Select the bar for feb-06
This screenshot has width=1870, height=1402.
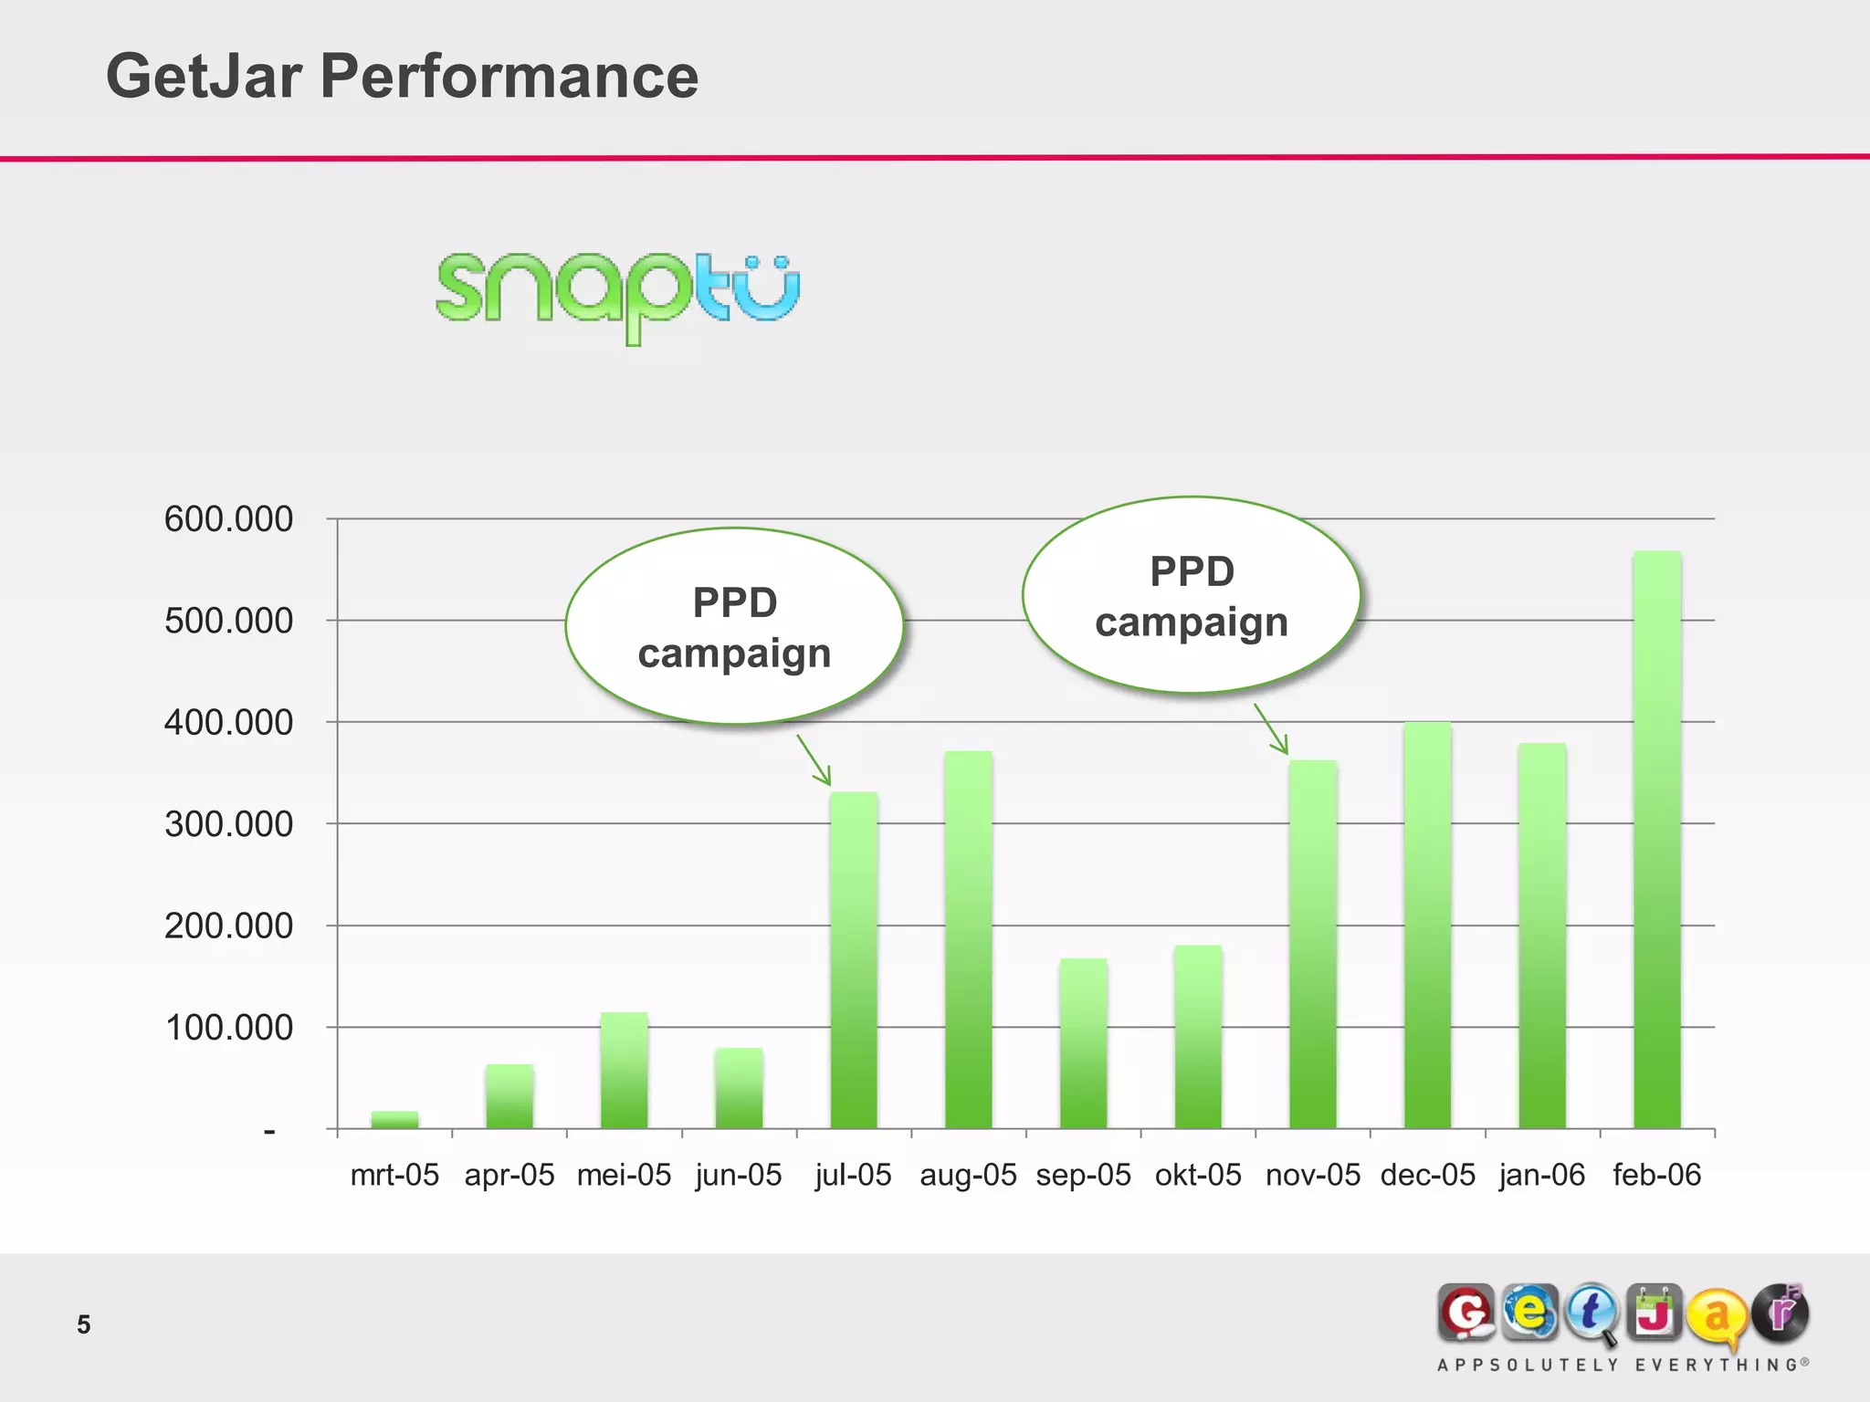pyautogui.click(x=1656, y=840)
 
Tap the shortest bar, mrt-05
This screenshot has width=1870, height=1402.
pyautogui.click(x=394, y=1120)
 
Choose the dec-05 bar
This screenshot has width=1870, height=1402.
pyautogui.click(x=1427, y=926)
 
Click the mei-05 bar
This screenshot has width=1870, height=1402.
pyautogui.click(x=624, y=1071)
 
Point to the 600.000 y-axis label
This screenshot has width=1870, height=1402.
pyautogui.click(x=228, y=519)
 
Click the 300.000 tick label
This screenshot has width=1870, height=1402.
pyautogui.click(x=228, y=824)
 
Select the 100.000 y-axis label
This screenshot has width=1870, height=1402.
pyautogui.click(x=228, y=1028)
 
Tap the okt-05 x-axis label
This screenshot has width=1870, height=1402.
pyautogui.click(x=1198, y=1175)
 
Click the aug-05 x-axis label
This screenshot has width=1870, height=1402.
pyautogui.click(x=968, y=1175)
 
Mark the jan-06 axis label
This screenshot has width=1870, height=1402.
pyautogui.click(x=1541, y=1175)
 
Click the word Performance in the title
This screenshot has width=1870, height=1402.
pyautogui.click(x=509, y=76)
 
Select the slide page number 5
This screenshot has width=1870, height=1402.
pyautogui.click(x=84, y=1324)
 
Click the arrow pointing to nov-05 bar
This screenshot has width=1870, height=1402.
pyautogui.click(x=1271, y=729)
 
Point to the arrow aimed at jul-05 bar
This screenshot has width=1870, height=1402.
pyautogui.click(x=814, y=760)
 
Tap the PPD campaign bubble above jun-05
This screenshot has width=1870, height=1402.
pyautogui.click(x=734, y=627)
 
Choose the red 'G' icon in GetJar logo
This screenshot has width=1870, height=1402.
pyautogui.click(x=1466, y=1313)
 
